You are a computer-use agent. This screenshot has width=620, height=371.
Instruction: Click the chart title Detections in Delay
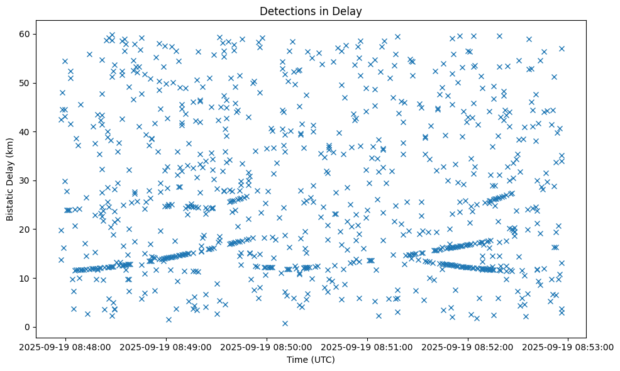[311, 11]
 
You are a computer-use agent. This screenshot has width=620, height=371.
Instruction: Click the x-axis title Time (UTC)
[311, 360]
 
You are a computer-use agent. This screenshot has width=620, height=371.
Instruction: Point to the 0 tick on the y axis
[28, 327]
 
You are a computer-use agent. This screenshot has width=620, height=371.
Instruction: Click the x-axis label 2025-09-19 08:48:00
[66, 346]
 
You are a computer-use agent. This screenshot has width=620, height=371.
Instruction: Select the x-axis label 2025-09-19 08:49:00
[167, 346]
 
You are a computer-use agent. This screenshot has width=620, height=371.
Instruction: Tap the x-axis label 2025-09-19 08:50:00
[267, 346]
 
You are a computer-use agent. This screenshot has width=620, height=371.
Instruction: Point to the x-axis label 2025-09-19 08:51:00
[368, 346]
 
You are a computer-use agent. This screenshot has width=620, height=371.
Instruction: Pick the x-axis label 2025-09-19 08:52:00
[468, 346]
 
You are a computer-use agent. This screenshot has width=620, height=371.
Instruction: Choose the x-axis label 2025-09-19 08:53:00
[568, 346]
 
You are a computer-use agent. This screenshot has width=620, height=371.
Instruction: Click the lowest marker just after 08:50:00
[285, 323]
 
